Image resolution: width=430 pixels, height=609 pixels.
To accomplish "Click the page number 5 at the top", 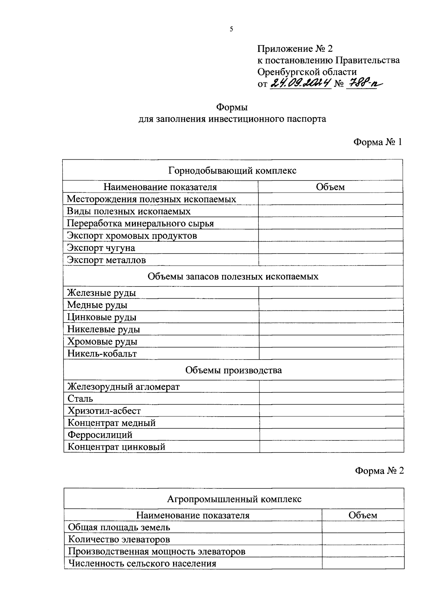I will coord(231,29).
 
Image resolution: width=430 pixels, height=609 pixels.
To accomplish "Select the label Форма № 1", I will coord(378,142).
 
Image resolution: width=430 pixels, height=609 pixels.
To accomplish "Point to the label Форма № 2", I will coord(379,470).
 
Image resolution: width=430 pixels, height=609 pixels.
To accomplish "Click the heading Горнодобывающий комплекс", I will coord(232,170).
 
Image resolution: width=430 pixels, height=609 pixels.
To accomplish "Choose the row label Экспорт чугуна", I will coord(101,248).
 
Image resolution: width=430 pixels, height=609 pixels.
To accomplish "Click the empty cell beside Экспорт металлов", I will coord(330,260).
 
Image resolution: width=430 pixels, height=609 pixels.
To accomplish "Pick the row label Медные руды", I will coord(97,305).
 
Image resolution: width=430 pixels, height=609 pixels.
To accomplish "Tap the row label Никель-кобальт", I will coord(102,354).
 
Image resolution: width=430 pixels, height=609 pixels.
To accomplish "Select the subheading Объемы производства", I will coord(233,370).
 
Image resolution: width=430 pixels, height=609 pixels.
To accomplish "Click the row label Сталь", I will coord(80,398).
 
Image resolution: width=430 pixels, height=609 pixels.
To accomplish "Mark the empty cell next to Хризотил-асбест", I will coord(331,411).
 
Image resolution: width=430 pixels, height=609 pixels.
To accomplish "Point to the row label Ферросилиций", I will coord(100,435).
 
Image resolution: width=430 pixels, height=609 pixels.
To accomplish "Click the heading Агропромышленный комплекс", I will coord(234,499).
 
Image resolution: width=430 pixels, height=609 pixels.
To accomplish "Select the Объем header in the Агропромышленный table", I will coord(363,515).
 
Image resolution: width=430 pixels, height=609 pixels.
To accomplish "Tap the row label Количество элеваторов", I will coord(119,539).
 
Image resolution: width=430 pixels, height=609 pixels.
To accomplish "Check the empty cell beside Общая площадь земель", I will coord(363,527).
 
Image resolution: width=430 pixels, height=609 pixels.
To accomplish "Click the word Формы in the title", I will coord(232,107).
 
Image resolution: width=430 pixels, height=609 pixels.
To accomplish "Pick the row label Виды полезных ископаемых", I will coord(129,211).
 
